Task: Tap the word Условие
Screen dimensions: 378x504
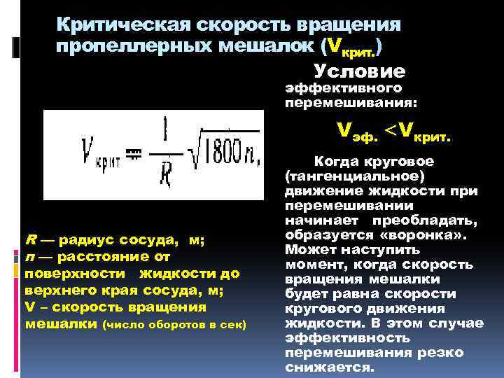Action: tap(359, 71)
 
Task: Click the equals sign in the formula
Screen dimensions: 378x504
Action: tap(133, 153)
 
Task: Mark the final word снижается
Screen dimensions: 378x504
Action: tap(330, 367)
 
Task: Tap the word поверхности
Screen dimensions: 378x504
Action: tap(65, 273)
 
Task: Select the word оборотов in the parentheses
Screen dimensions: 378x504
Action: tap(172, 325)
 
